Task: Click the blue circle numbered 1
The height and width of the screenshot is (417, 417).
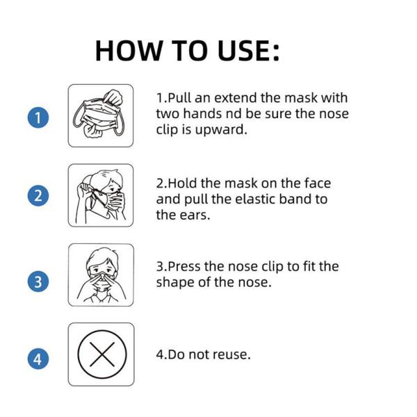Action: click(x=38, y=117)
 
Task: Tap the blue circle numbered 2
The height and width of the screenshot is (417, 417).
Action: click(x=38, y=195)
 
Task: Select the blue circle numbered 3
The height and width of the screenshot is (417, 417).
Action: click(x=38, y=281)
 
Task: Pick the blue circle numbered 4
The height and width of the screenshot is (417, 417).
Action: click(x=38, y=359)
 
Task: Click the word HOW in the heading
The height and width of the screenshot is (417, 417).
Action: click(x=129, y=51)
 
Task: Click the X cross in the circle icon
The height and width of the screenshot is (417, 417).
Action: click(x=102, y=354)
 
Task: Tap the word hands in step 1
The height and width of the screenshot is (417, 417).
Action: click(x=203, y=114)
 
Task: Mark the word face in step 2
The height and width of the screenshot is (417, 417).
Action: click(x=318, y=183)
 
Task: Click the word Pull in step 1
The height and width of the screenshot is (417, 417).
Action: click(x=180, y=98)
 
